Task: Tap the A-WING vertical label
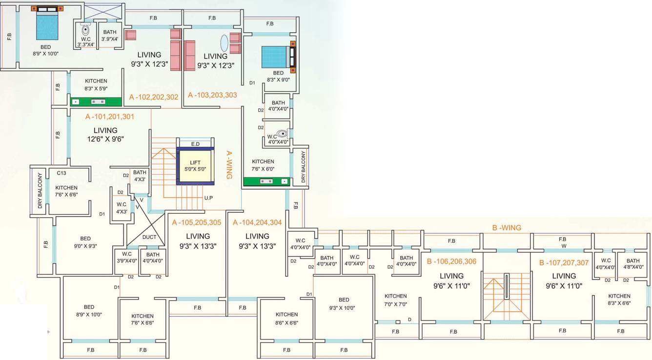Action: [x=228, y=164]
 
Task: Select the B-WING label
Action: [x=506, y=228]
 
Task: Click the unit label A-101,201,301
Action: [x=110, y=117]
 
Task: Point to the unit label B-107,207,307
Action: [x=564, y=262]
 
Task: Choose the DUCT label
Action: [x=149, y=238]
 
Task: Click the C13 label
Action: [x=61, y=173]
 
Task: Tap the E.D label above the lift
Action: [x=195, y=144]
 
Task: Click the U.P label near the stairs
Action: [x=208, y=198]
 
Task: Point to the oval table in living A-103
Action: [x=224, y=43]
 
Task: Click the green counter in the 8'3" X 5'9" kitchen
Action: [x=96, y=102]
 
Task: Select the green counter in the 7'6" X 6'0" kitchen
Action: [x=266, y=181]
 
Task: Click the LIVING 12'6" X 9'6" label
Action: [x=105, y=134]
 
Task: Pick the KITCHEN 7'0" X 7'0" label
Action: [x=395, y=300]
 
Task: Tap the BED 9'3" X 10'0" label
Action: [x=344, y=303]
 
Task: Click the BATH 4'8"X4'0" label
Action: [x=633, y=264]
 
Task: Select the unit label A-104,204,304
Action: [x=257, y=223]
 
